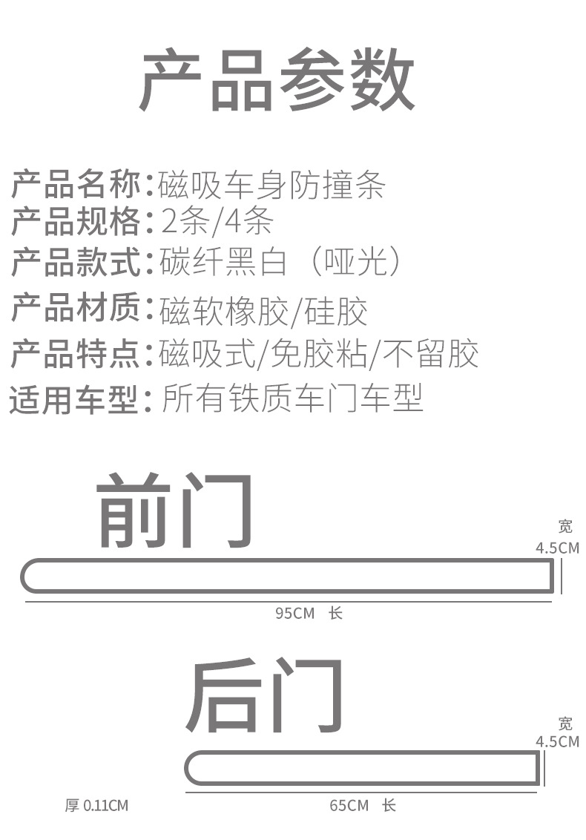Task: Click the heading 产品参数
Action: coord(277,81)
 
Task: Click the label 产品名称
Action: coord(75,185)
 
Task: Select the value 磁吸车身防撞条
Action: coord(272,185)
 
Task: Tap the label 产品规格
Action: coord(75,221)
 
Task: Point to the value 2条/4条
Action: coord(217,221)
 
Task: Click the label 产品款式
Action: coord(75,263)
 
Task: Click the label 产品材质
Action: coord(75,309)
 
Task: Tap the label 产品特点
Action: coord(75,354)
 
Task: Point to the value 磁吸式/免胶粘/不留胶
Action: coord(319,354)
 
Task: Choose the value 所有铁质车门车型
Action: coord(292,399)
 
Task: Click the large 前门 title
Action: coord(175,511)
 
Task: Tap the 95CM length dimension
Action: coord(295,614)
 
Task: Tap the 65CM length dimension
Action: coord(349,805)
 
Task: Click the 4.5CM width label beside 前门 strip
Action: coord(557,548)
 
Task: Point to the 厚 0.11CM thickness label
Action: coord(96,805)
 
